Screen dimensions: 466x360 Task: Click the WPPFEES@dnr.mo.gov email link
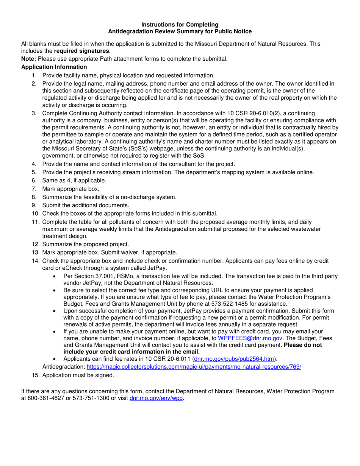coord(250,338)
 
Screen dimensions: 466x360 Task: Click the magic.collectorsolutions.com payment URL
coord(194,367)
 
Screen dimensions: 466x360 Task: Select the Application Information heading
coord(54,67)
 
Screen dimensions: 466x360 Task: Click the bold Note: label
coord(29,59)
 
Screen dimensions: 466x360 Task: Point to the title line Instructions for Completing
coord(180,25)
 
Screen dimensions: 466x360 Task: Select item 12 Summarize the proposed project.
coord(86,244)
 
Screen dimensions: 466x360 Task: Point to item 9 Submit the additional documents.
coord(86,205)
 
